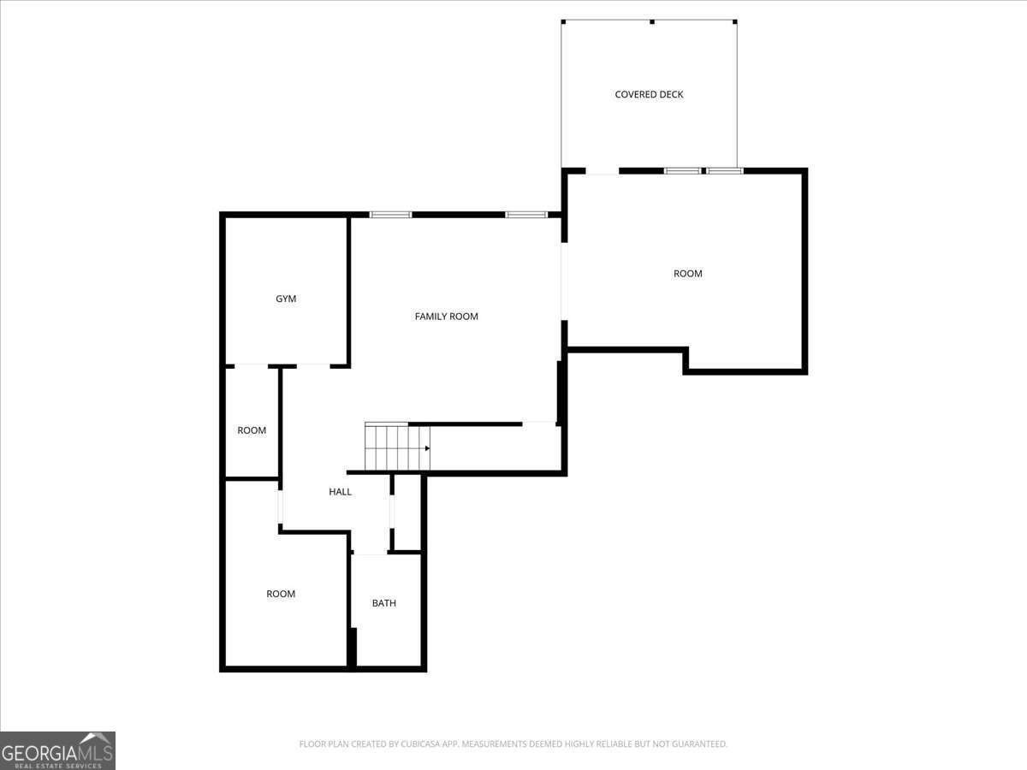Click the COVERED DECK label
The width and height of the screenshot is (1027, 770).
(649, 94)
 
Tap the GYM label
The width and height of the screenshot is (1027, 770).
(286, 299)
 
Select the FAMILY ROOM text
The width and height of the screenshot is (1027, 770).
(446, 317)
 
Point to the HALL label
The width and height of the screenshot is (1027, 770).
(340, 492)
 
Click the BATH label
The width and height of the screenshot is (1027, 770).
(383, 603)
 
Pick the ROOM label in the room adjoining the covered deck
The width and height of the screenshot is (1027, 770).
(687, 274)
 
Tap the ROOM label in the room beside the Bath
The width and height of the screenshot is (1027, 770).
(281, 594)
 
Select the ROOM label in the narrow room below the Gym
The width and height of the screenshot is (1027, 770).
(252, 430)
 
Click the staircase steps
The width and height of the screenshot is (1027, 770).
(395, 447)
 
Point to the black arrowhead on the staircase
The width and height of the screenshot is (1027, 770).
(426, 447)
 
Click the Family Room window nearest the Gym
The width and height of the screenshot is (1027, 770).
(390, 215)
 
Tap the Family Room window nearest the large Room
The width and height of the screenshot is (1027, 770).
(525, 215)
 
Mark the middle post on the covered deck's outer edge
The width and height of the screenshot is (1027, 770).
(651, 21)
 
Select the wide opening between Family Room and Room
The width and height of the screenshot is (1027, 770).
(564, 281)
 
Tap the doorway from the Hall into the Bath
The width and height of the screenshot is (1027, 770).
(370, 554)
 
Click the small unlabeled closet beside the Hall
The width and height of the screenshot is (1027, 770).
(407, 512)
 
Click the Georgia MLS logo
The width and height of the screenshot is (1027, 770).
(57, 750)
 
